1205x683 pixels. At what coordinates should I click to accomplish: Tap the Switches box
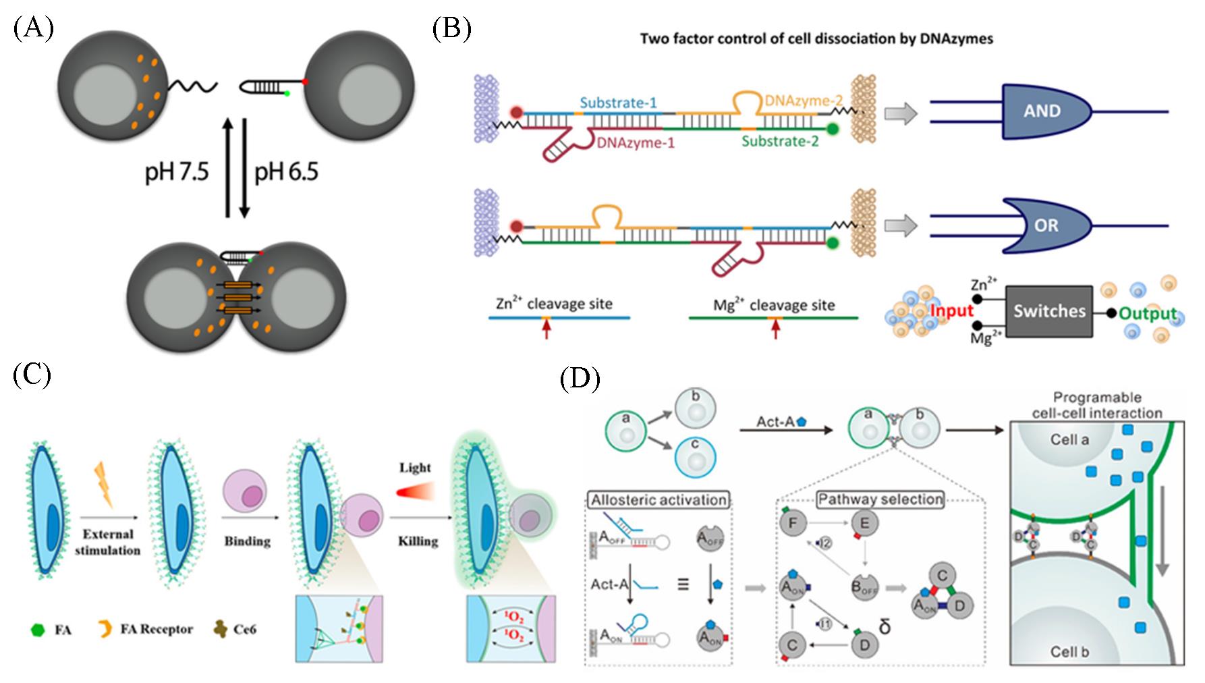coord(1049,311)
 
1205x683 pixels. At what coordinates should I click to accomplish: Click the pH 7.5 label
coord(177,172)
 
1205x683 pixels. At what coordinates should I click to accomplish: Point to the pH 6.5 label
coord(286,172)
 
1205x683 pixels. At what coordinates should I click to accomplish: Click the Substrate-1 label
coord(618,103)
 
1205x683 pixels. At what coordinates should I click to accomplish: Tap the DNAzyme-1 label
coord(636,143)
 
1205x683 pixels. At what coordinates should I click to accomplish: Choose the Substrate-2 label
coord(780,141)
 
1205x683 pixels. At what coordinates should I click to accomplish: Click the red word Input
coord(951,311)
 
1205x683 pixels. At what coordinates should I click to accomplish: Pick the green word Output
coord(1148,314)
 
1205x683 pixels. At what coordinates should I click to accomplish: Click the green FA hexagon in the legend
coord(38,630)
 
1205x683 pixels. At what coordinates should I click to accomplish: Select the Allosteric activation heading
coord(658,500)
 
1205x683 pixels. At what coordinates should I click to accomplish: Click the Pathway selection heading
coord(880,499)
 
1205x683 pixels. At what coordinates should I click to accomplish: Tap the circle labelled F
coord(793,522)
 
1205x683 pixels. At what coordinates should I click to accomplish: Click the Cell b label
coord(1069,652)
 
